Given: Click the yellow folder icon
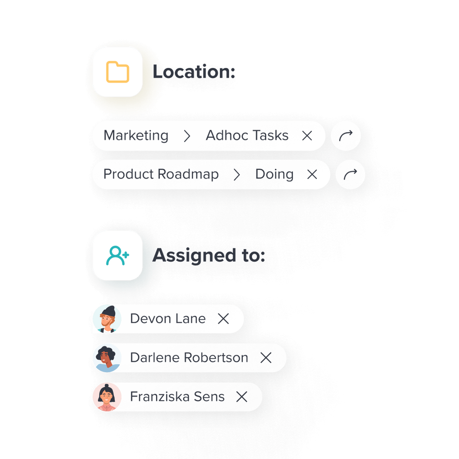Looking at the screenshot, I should [118, 72].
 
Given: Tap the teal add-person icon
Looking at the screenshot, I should [118, 255].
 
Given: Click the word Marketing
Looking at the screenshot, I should [136, 136].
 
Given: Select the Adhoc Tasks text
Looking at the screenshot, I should [247, 136].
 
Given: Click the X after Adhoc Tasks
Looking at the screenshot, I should [307, 136].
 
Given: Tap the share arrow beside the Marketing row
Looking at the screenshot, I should [346, 136].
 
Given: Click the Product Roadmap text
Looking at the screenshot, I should [161, 174].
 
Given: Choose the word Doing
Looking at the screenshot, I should [274, 174].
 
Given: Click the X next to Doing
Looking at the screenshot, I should [312, 174].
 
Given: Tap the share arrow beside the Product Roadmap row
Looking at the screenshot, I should [350, 174].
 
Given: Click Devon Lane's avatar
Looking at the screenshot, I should [107, 319].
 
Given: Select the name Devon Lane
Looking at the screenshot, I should [168, 319].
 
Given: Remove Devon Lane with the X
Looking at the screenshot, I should [224, 319].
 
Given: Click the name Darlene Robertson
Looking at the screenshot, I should [189, 358].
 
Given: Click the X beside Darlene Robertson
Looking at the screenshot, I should [266, 358].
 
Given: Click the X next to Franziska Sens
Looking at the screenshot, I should [242, 397].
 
